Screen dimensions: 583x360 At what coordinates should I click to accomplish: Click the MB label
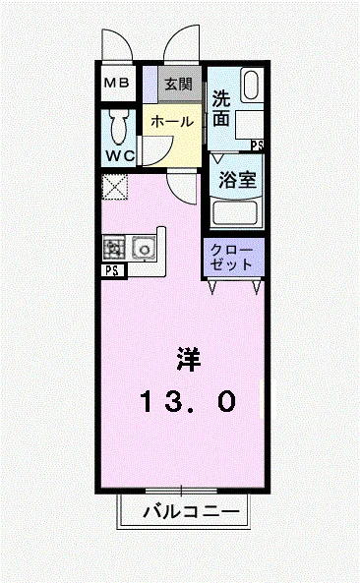117,84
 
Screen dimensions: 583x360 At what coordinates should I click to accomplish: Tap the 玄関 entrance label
178,83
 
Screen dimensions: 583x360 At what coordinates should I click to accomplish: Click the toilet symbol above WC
120,125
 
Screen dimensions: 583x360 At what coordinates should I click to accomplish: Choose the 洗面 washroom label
221,108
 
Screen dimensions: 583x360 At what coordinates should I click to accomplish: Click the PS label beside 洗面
257,146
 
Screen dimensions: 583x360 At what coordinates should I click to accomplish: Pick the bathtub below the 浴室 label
235,212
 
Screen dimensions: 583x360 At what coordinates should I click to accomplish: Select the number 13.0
187,400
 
